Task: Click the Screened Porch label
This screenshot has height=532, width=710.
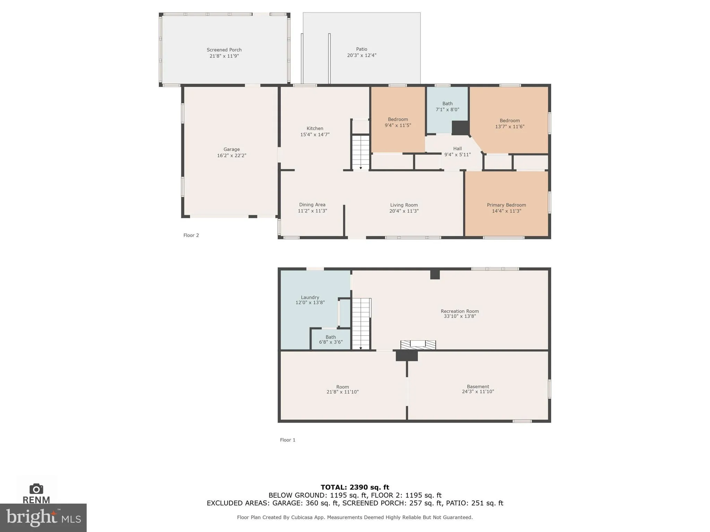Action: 224,50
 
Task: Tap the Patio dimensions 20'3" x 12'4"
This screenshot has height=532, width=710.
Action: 362,55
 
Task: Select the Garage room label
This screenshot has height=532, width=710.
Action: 231,149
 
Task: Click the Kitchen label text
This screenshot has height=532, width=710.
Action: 315,128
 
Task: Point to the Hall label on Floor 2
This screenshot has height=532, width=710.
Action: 457,149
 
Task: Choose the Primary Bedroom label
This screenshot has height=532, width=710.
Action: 506,205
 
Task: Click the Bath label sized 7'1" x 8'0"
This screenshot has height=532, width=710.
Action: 447,104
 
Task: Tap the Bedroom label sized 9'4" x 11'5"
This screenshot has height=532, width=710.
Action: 398,119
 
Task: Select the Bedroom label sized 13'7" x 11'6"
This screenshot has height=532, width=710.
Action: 509,121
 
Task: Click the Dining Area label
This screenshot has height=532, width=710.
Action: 312,205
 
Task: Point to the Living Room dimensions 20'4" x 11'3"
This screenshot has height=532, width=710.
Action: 404,211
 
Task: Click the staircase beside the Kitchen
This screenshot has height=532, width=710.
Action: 361,152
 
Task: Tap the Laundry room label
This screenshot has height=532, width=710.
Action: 310,297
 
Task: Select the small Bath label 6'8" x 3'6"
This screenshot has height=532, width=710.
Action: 330,337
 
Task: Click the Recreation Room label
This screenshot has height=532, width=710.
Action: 459,311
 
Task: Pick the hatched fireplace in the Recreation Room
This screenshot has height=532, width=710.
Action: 418,345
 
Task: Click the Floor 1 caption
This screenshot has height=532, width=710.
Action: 287,440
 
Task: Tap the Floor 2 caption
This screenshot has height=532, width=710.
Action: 191,235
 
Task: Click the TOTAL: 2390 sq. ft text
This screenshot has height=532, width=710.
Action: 355,487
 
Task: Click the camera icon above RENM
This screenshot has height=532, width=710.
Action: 36,489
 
